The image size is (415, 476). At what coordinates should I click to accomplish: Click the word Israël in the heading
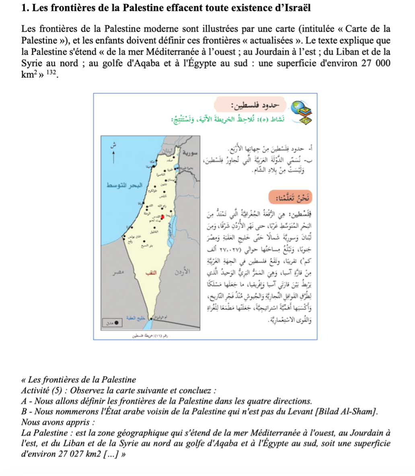tap(299, 8)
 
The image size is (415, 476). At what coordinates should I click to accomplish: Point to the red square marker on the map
tap(162, 217)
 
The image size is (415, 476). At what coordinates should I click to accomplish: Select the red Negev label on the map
tap(150, 272)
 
